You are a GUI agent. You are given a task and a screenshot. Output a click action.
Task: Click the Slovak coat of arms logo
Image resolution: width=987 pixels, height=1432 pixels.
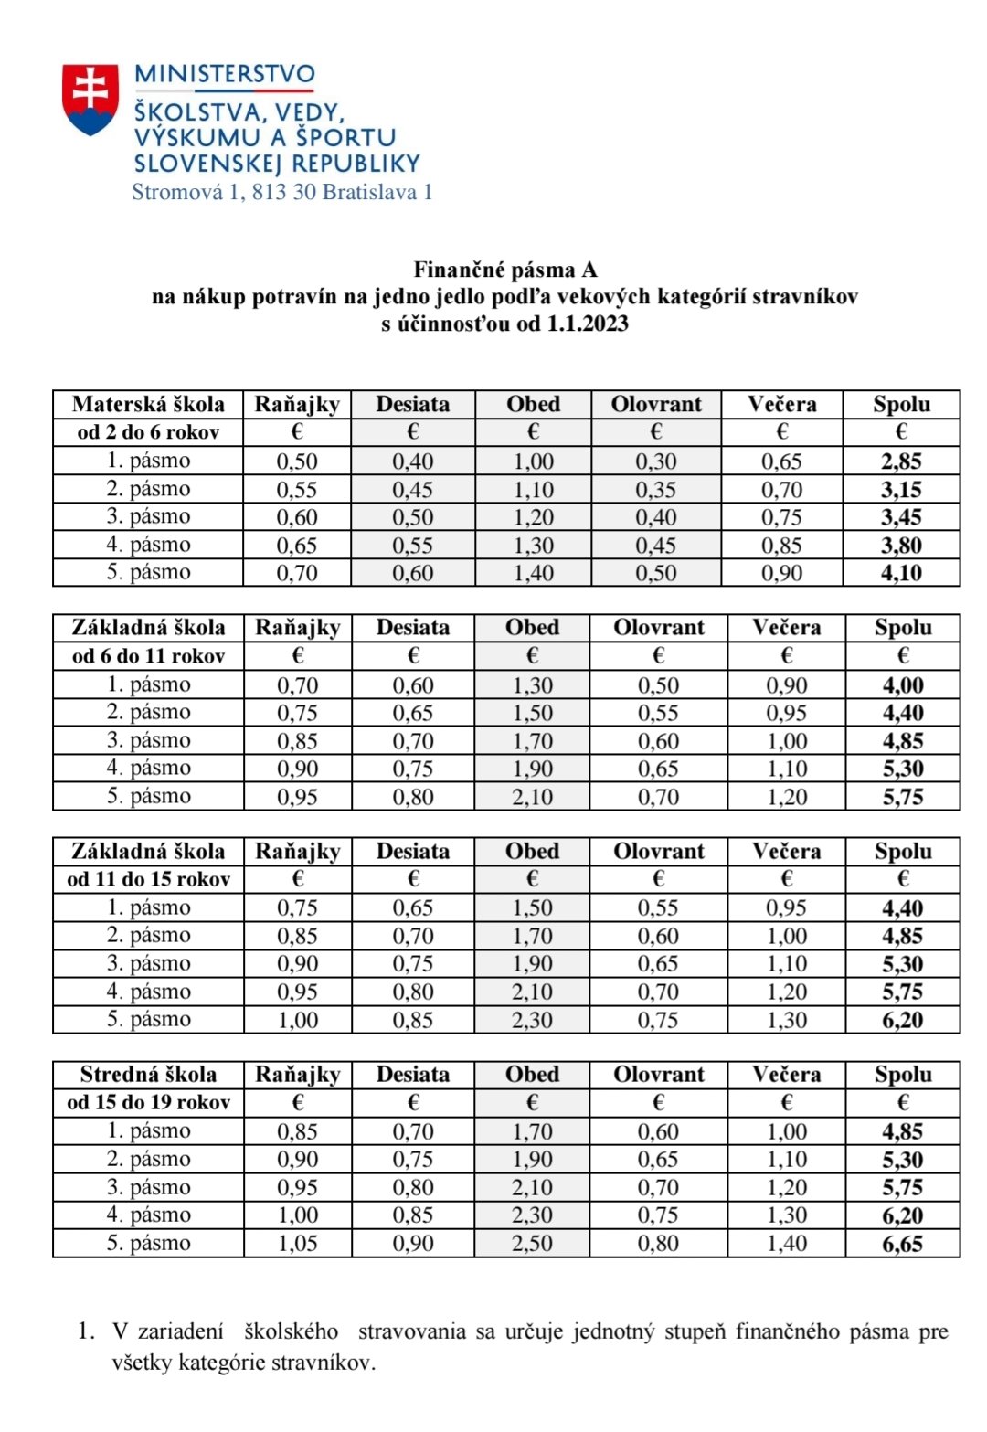point(90,99)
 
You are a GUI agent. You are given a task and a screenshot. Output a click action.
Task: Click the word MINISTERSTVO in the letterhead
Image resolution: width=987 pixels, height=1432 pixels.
point(225,74)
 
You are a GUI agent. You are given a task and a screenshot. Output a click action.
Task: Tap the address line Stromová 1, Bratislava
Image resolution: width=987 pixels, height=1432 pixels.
point(281,192)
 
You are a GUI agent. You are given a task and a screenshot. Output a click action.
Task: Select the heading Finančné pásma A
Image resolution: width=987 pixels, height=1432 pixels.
point(504,270)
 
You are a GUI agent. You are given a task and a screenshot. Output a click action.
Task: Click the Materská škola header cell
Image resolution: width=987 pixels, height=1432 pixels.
point(148,404)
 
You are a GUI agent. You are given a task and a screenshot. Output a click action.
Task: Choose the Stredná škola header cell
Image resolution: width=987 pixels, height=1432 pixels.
point(148,1075)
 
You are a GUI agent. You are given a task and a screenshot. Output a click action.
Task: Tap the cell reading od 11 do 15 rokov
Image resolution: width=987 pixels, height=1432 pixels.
point(148,879)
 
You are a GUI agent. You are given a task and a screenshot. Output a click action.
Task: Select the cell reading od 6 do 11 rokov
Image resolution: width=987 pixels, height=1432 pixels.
point(148,656)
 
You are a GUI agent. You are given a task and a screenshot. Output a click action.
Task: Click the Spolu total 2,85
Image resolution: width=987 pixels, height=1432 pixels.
point(901,461)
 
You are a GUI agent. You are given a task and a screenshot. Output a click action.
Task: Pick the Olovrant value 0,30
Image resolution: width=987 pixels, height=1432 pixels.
point(656,461)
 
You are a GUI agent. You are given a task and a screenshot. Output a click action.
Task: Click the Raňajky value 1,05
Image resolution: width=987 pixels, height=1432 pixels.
point(298,1244)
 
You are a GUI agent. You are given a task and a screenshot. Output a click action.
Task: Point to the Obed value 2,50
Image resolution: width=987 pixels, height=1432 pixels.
point(533,1244)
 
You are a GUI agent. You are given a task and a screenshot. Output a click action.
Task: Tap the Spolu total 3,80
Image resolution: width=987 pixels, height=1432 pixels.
point(901,546)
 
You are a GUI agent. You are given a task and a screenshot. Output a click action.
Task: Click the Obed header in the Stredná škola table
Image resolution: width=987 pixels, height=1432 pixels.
point(533,1075)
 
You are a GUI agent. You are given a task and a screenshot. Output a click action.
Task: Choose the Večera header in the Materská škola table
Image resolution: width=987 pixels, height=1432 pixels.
point(782,404)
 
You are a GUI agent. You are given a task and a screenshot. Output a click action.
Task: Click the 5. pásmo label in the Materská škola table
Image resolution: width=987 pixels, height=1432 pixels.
point(148,573)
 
